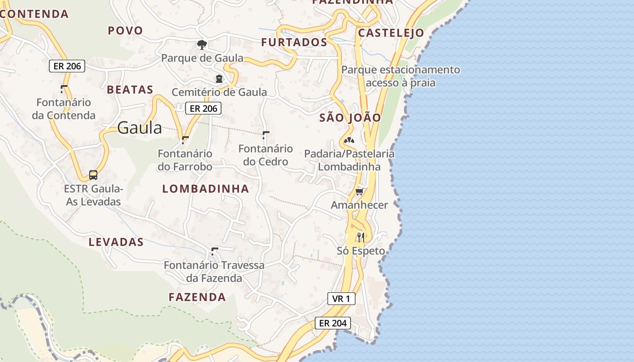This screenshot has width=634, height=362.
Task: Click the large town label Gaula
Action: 139,128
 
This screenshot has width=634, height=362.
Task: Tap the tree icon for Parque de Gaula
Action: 202,44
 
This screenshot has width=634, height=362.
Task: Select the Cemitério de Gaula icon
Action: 219,79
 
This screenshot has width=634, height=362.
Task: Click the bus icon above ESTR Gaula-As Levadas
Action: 93,175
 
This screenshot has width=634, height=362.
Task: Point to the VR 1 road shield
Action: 341,299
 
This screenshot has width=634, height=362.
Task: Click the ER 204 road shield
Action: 333,323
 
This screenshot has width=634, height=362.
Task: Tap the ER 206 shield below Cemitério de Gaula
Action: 203,108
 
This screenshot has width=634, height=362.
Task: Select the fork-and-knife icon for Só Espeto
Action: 361,237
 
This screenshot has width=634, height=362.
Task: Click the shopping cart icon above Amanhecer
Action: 360,192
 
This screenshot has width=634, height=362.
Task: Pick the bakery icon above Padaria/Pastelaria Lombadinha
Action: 349,140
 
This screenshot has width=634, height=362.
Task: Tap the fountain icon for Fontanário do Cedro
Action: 266,135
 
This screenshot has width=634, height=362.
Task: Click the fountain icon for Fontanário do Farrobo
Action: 185,140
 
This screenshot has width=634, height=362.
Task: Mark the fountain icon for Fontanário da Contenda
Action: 64,89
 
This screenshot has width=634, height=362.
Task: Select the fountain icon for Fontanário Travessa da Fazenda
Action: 215,251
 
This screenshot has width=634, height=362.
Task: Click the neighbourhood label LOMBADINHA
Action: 206,189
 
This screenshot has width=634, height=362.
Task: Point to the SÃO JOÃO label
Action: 350,118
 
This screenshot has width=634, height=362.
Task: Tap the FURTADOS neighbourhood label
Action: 294,42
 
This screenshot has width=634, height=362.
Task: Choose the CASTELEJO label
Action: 391,33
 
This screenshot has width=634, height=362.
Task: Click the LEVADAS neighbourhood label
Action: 116,242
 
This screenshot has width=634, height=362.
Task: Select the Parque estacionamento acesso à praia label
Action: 400,76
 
